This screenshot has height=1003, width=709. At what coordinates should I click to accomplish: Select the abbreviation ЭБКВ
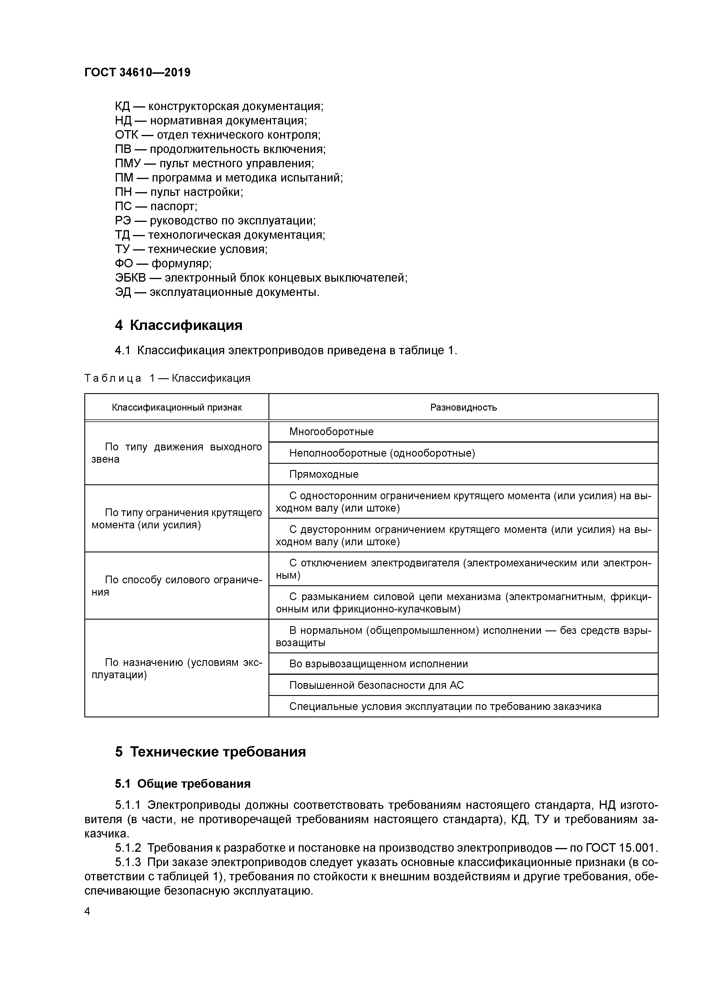click(130, 278)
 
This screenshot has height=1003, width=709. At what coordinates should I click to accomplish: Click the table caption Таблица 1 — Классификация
click(167, 378)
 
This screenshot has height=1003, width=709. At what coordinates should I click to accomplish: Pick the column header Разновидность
click(463, 408)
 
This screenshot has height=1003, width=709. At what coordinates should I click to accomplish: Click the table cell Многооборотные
click(331, 432)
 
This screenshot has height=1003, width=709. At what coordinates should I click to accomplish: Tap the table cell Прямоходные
click(324, 474)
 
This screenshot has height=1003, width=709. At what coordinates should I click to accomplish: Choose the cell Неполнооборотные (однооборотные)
click(382, 453)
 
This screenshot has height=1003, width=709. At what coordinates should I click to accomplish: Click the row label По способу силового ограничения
click(176, 586)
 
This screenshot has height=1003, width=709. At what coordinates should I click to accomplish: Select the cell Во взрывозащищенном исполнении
click(378, 664)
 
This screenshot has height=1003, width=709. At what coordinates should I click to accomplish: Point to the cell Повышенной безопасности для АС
click(376, 685)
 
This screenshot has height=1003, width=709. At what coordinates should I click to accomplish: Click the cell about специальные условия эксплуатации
click(445, 707)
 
